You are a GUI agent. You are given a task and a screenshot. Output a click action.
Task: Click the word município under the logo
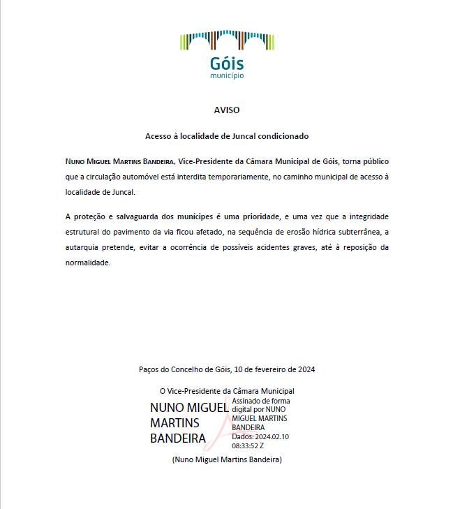click(227, 75)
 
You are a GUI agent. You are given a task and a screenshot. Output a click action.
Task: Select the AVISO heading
click(227, 110)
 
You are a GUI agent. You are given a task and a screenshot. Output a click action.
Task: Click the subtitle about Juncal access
click(227, 136)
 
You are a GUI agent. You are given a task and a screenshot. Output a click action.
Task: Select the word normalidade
click(88, 263)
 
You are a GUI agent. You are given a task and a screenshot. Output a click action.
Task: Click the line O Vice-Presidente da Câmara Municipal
click(227, 391)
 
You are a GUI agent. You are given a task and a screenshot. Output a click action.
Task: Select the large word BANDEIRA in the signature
click(178, 438)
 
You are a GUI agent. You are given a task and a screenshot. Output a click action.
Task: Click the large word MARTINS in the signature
click(174, 423)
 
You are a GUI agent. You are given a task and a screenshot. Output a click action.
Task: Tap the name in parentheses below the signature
click(227, 459)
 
